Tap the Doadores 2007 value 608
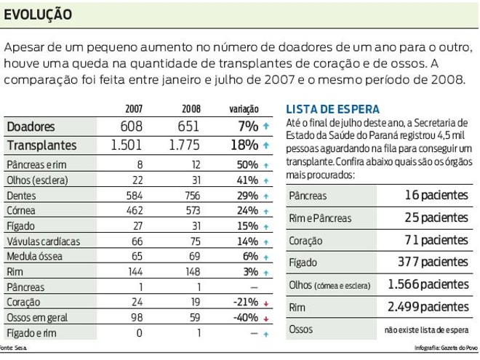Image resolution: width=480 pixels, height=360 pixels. tap(132, 127)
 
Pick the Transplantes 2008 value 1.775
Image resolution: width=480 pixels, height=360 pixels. tap(184, 145)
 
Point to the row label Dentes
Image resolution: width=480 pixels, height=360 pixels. tap(21, 196)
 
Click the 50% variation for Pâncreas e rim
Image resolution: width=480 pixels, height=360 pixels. tap(247, 165)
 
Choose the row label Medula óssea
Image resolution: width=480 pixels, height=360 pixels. tap(34, 257)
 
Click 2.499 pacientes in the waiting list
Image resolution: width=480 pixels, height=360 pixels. tap(428, 307)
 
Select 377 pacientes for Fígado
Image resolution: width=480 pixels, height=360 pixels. tap(434, 262)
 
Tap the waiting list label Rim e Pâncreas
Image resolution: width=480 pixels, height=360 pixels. tap(320, 218)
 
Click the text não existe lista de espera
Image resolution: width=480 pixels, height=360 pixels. tap(426, 329)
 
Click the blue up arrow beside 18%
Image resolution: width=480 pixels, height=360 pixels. tap(267, 145)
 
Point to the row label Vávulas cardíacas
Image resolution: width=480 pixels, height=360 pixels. tap(43, 241)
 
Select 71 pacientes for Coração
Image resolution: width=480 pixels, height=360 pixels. tap(437, 240)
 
